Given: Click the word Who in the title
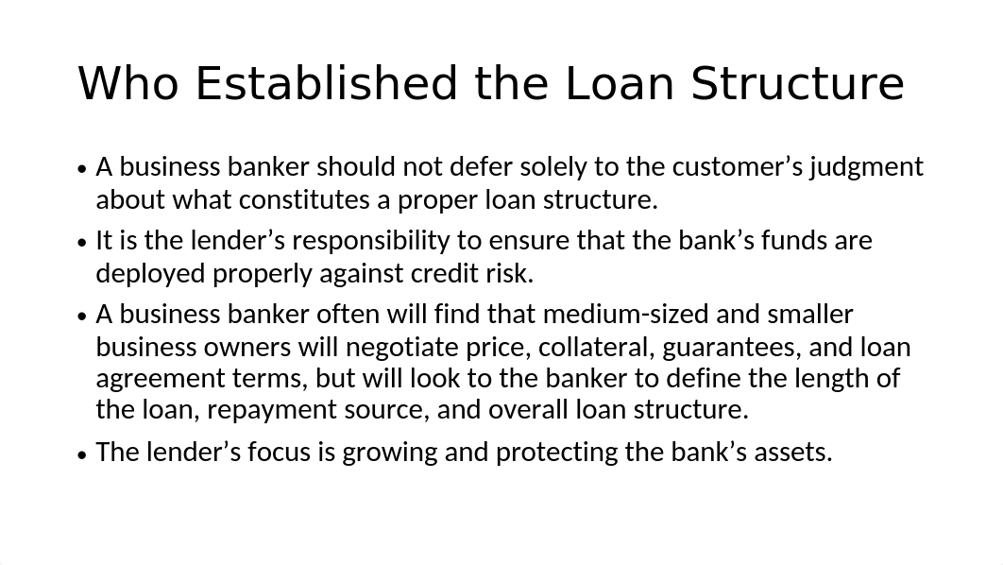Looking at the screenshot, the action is click(127, 84).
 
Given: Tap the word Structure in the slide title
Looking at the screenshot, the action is click(798, 84).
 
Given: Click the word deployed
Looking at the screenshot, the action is click(151, 274).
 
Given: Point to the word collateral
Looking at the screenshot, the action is click(598, 348).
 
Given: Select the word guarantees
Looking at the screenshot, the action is click(732, 348).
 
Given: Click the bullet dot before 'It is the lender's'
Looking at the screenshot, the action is click(81, 243).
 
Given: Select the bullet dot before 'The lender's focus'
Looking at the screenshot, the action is click(81, 454).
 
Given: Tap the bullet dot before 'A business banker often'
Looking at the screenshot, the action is click(81, 317).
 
